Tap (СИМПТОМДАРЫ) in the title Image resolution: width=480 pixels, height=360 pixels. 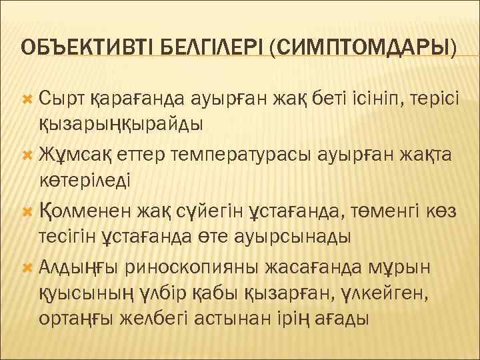(x=364, y=48)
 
